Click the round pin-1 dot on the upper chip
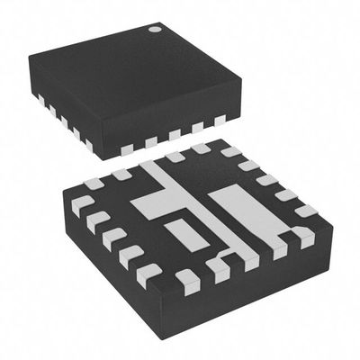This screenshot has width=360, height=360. (155, 30)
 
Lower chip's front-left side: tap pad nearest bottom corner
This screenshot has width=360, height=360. (148, 272)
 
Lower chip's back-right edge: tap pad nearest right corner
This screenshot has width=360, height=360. (305, 211)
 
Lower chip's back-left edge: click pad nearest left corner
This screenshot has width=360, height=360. (91, 185)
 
